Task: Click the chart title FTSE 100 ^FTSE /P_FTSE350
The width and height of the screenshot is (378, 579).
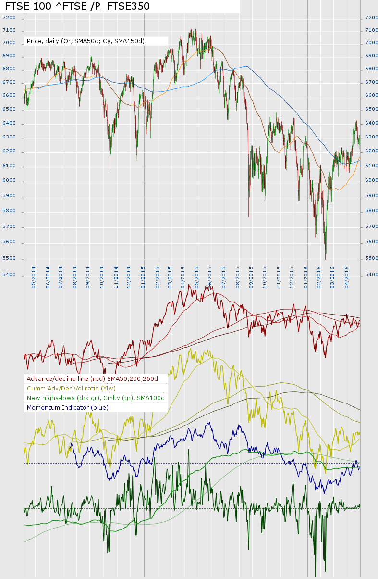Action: click(77, 6)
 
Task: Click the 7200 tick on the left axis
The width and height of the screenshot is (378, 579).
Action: click(9, 18)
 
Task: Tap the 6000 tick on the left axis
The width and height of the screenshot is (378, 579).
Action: click(9, 181)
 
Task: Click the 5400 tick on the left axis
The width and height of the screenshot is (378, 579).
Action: click(9, 275)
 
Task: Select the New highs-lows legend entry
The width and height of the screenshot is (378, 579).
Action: click(96, 398)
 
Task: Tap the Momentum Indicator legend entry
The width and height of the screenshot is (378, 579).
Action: click(68, 408)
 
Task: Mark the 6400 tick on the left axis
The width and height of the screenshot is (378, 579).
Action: click(9, 124)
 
